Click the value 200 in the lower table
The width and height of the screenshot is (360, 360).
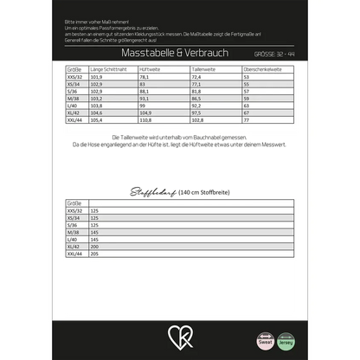(x=94, y=246)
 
